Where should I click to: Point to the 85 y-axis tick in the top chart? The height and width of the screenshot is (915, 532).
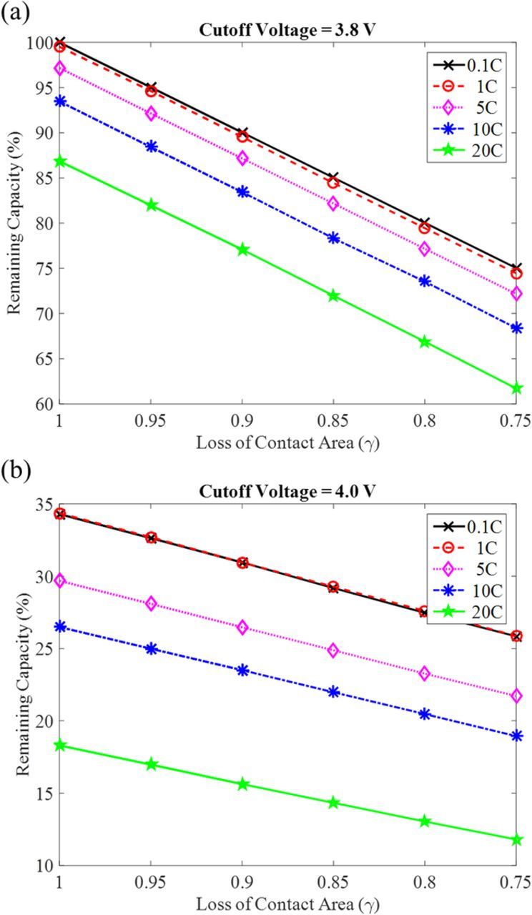click(45, 178)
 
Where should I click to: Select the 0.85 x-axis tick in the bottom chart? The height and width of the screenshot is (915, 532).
click(332, 881)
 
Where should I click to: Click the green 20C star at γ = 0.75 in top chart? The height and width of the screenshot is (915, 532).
click(516, 388)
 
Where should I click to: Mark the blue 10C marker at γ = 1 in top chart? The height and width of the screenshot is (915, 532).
click(61, 102)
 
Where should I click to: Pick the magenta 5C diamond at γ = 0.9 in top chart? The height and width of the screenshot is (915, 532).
click(242, 159)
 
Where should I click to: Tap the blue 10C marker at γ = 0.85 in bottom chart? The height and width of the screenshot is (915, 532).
click(333, 692)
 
